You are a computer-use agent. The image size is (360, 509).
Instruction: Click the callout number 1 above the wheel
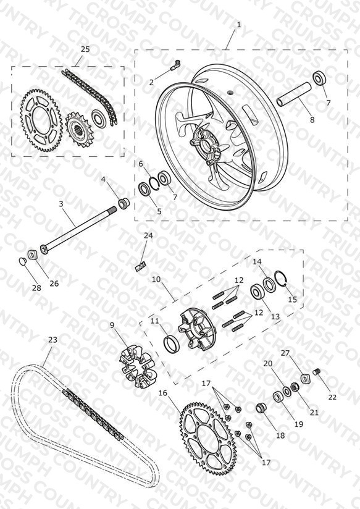click(239, 25)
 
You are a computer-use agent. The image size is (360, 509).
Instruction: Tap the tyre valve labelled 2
click(175, 65)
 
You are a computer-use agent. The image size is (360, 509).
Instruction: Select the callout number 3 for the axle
click(61, 204)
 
